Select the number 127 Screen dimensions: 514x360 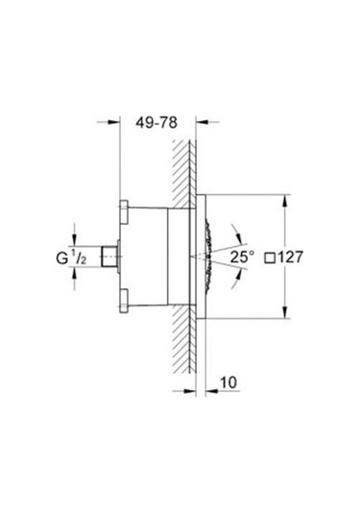click(296, 257)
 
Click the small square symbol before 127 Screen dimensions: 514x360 click(272, 257)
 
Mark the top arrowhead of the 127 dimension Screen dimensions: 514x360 click(285, 199)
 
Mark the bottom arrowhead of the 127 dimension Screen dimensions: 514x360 click(285, 314)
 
